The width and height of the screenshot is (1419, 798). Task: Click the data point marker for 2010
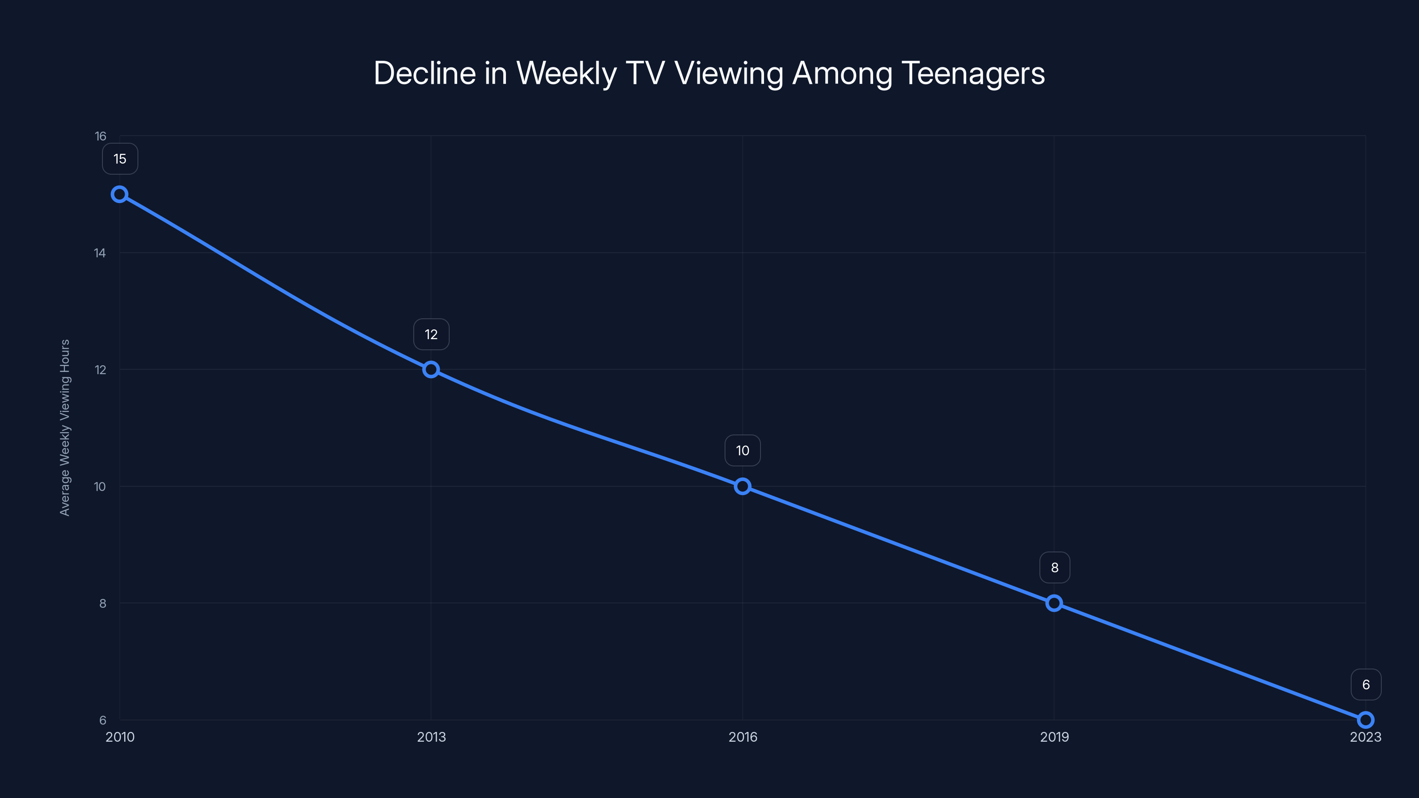[x=120, y=195]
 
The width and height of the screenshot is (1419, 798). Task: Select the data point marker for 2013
[x=431, y=370]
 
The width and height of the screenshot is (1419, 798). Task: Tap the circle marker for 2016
[x=743, y=486]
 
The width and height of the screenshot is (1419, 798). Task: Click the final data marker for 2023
[x=1366, y=720]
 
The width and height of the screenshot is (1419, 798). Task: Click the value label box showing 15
[x=120, y=159]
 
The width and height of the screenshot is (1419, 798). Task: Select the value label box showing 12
[x=431, y=334]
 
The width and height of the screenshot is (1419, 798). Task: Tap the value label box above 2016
[x=743, y=450]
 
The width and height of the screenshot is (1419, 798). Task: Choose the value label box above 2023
[x=1366, y=685]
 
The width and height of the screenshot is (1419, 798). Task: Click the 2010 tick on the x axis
[x=120, y=737]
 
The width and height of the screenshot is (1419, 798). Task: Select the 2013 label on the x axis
[x=431, y=737]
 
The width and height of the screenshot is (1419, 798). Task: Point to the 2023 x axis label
[x=1366, y=737]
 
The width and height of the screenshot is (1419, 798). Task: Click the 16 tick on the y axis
[x=100, y=136]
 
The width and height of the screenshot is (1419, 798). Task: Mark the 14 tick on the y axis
[x=100, y=253]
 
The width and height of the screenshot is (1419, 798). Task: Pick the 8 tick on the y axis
[x=102, y=603]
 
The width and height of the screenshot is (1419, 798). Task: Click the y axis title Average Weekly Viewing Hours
[x=65, y=427]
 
